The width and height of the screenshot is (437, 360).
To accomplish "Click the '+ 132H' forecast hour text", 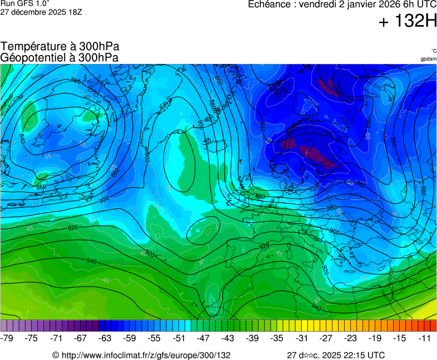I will click(408, 21).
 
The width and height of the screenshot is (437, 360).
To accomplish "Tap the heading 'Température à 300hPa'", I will click(60, 47).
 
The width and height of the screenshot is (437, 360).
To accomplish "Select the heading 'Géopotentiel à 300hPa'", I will click(59, 57).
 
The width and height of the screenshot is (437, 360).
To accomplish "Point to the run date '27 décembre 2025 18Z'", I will click(41, 12).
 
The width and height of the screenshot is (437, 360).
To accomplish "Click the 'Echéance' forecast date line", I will click(342, 5).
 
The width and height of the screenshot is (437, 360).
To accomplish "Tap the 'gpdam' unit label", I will click(428, 59).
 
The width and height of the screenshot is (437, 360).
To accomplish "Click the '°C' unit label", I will click(433, 51).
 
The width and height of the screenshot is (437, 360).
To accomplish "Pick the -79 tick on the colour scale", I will click(7, 338).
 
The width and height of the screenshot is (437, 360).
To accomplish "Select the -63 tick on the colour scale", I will click(105, 338).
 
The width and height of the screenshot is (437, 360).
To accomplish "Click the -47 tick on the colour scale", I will click(203, 338).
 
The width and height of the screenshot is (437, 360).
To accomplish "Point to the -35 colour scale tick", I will click(277, 338).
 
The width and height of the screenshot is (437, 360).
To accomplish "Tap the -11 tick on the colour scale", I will click(425, 338).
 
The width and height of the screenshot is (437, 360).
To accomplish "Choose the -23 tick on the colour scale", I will click(351, 338).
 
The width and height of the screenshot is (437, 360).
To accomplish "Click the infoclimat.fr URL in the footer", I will click(141, 355).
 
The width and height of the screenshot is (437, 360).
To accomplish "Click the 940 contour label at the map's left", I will click(92, 261).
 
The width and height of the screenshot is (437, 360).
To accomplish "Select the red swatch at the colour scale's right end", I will click(433, 326).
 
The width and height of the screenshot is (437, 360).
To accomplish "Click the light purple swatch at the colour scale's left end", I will click(4, 326).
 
